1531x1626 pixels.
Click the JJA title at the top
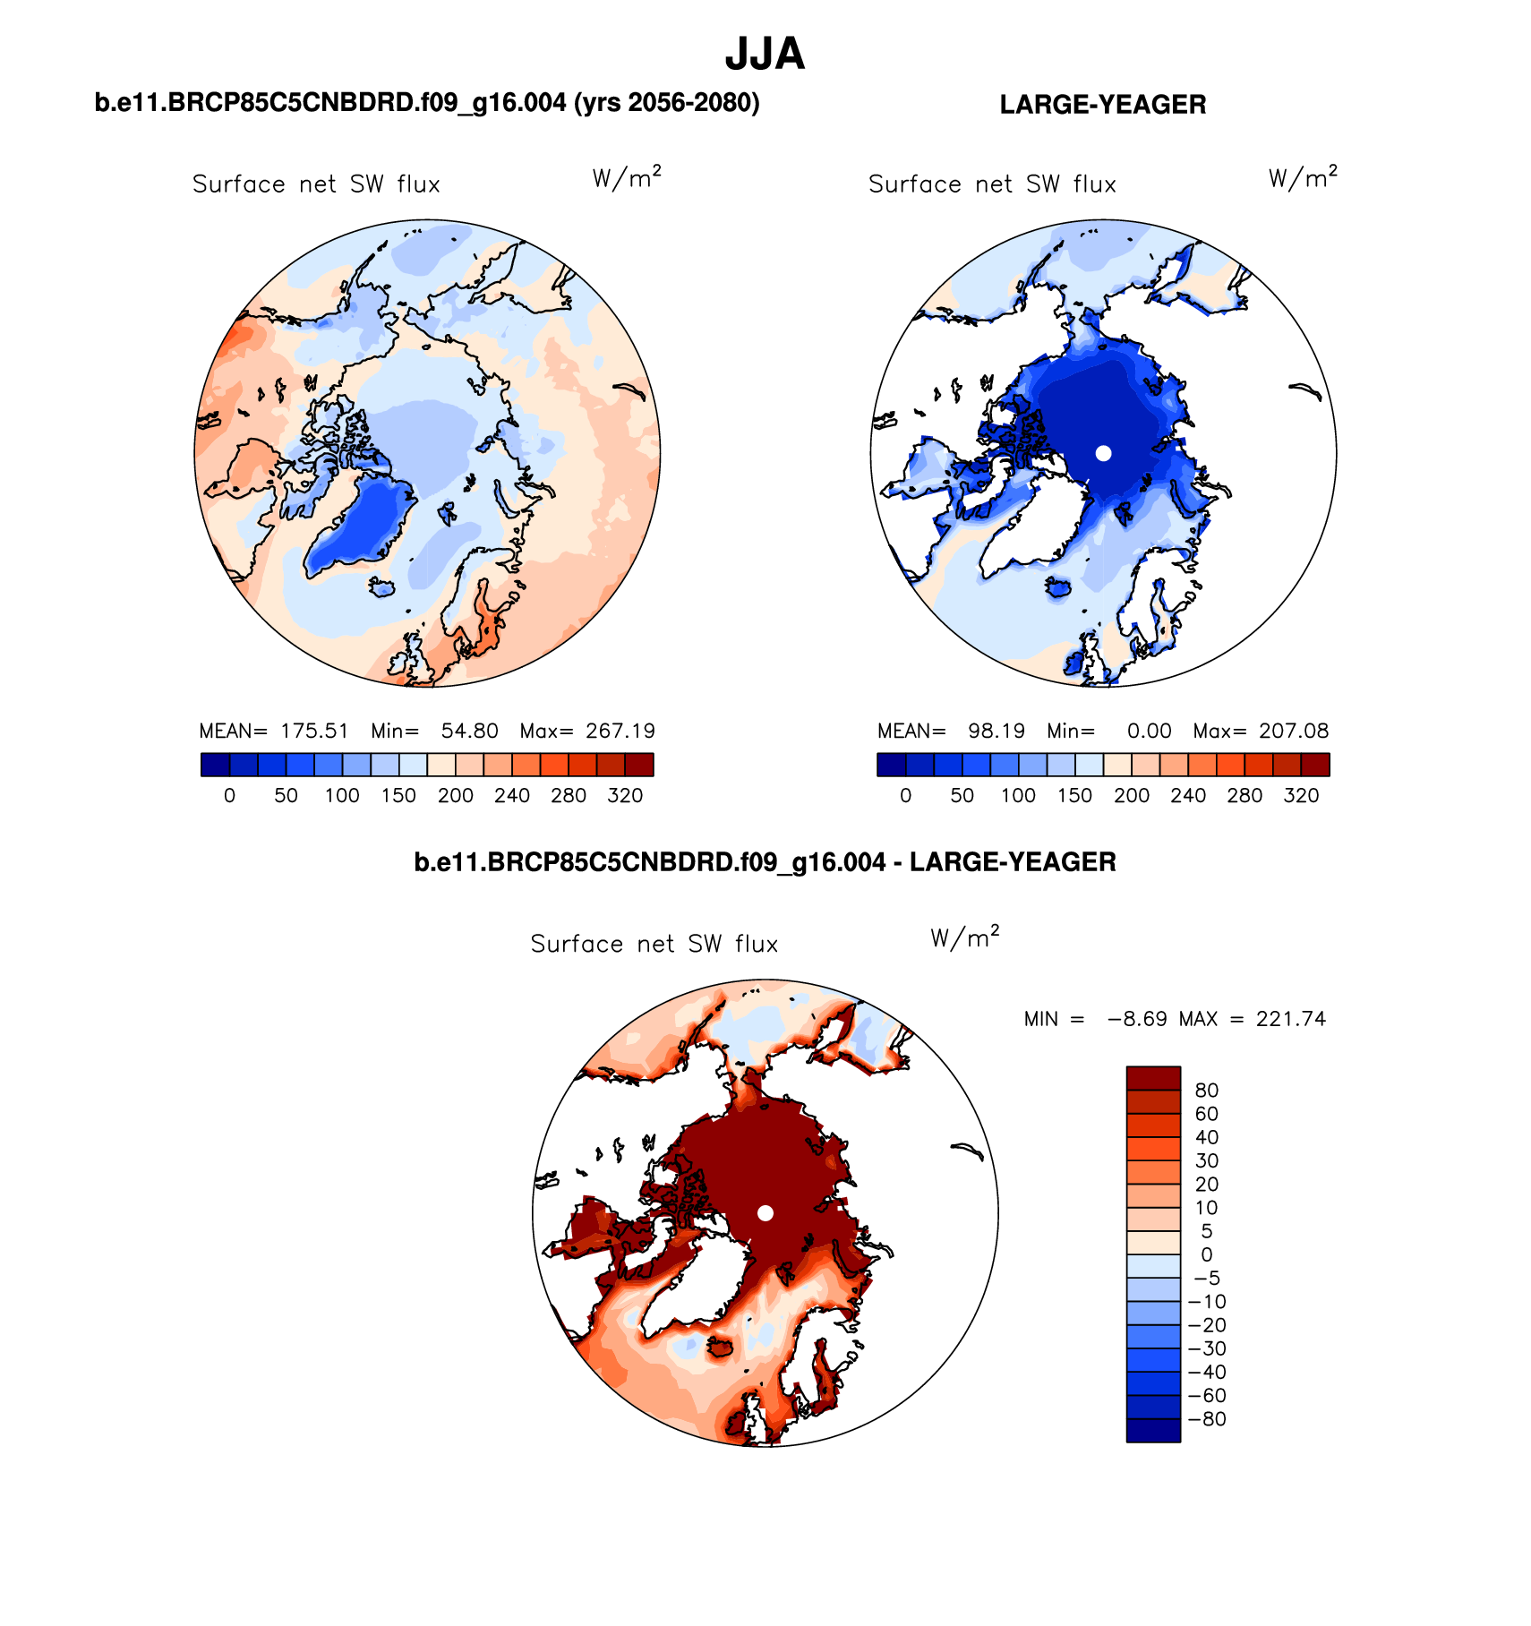(765, 55)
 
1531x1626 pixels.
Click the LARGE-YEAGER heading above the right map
(1102, 105)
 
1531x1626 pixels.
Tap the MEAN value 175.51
(314, 731)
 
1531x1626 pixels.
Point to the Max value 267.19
(620, 731)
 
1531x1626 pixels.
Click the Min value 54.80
(469, 731)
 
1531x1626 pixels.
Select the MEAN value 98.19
(996, 731)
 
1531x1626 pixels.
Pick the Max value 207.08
(1294, 731)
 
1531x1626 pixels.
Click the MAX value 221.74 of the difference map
(1290, 1019)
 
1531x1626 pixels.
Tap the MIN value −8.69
(1137, 1019)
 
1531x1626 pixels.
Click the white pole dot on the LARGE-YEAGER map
(1103, 453)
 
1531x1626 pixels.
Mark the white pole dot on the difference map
(765, 1212)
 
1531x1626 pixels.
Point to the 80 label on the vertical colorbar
(1206, 1090)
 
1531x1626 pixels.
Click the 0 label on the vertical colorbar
(1206, 1254)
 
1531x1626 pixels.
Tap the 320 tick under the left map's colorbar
(625, 795)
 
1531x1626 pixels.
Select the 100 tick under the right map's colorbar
(1018, 795)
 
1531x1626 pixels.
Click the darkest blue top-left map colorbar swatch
(215, 765)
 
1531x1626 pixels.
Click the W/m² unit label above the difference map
(964, 937)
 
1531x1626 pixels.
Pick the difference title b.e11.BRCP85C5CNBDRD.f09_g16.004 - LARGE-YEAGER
(765, 862)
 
